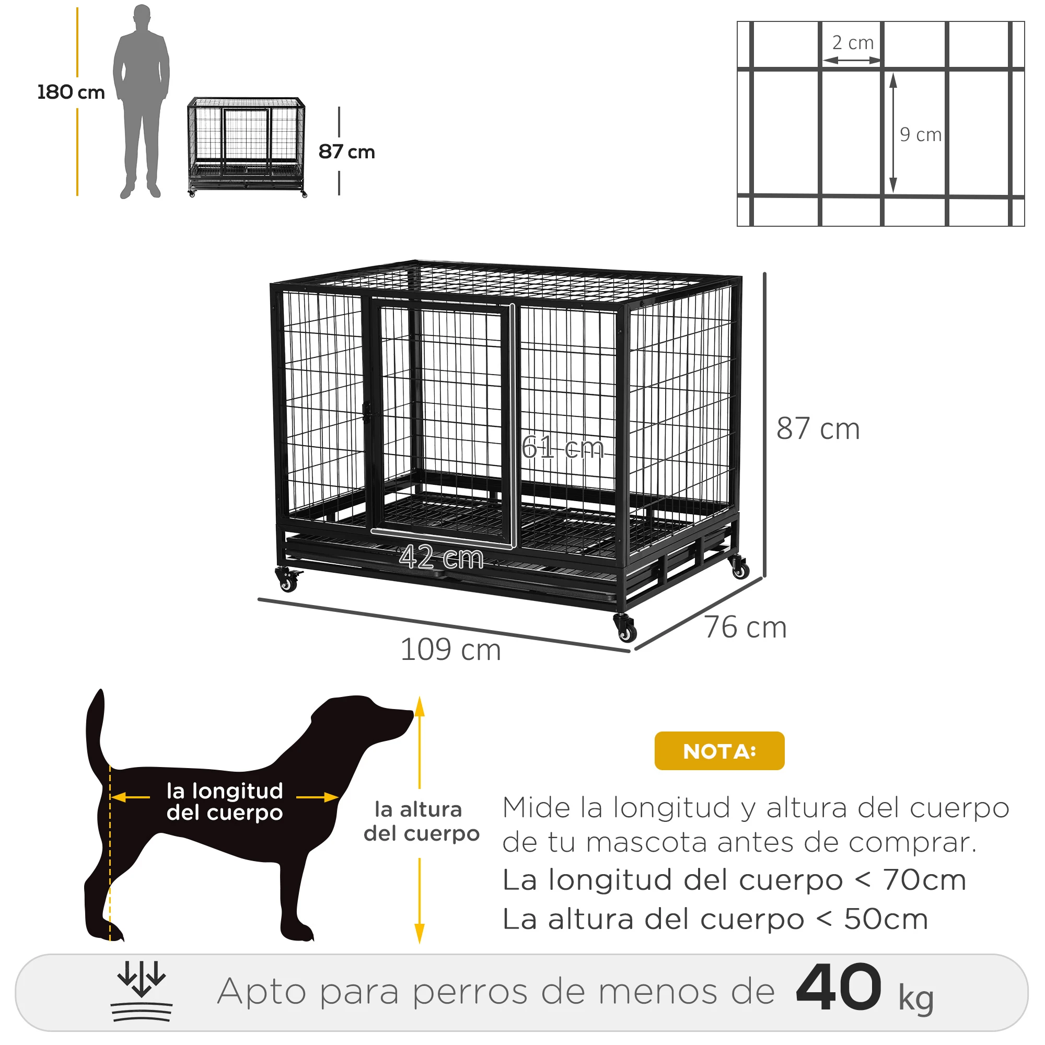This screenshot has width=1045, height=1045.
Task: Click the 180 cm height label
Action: [x=71, y=92]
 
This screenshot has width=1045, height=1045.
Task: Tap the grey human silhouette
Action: [x=141, y=100]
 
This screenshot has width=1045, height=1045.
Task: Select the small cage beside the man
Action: [x=247, y=146]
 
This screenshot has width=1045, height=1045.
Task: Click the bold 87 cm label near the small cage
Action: [x=346, y=152]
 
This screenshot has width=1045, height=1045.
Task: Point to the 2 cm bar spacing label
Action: [x=852, y=43]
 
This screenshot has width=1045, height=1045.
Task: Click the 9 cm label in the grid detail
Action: [x=920, y=135]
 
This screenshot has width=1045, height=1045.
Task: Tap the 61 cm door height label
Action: [x=563, y=448]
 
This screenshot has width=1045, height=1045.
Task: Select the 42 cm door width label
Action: [x=442, y=557]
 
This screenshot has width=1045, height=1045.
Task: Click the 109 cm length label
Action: [x=450, y=649]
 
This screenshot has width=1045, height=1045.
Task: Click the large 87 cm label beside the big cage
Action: [x=818, y=429]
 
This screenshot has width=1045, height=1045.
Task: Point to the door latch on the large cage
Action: [x=367, y=412]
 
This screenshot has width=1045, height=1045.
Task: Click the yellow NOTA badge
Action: [x=719, y=751]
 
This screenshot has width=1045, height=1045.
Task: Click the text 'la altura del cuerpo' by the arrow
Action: [x=421, y=821]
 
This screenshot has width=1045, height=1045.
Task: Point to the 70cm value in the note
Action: [x=924, y=880]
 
